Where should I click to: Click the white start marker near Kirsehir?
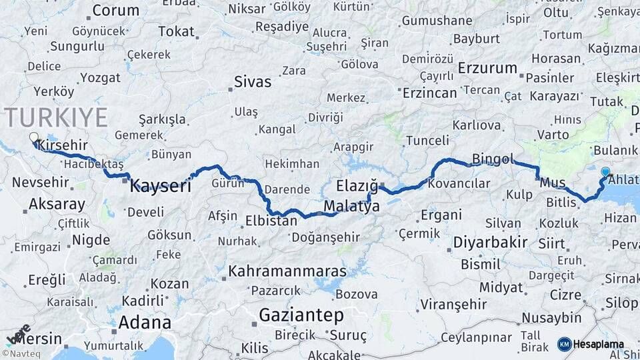(x=34, y=138)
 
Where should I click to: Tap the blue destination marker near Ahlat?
(x=605, y=172)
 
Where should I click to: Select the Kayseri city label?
(x=160, y=185)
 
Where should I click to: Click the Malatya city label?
(x=351, y=207)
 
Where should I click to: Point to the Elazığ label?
(x=357, y=186)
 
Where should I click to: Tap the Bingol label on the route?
(x=493, y=159)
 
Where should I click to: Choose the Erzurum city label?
(x=487, y=68)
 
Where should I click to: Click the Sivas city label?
(x=253, y=82)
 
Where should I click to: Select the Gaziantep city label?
(x=301, y=315)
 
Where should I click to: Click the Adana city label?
(x=145, y=323)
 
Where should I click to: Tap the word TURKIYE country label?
(x=57, y=117)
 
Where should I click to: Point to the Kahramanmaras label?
(x=287, y=271)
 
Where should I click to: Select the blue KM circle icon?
(x=564, y=344)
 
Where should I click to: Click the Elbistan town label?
(x=271, y=221)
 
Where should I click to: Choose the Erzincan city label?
(x=431, y=93)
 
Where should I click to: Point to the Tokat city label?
(x=176, y=31)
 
